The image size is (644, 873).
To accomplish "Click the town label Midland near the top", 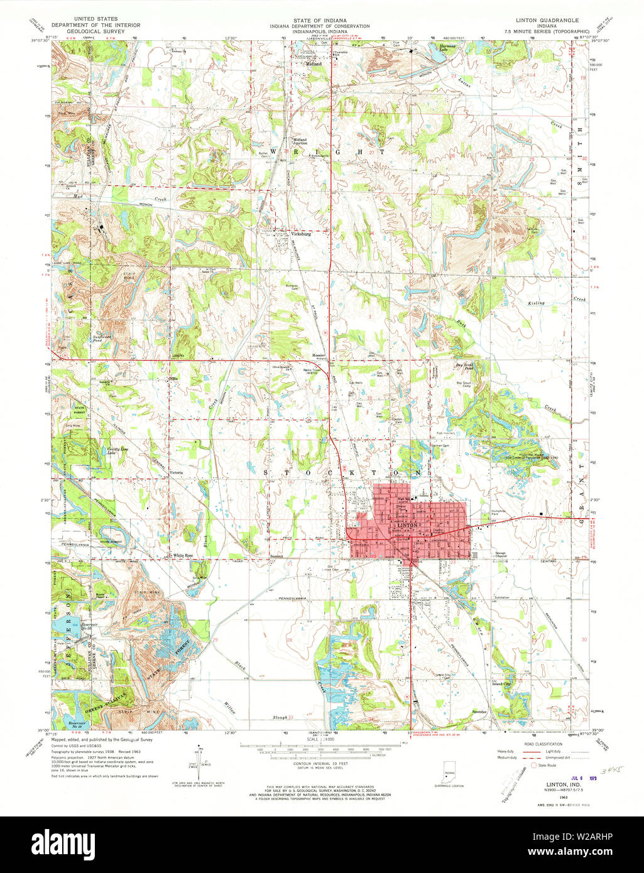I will point(314,64).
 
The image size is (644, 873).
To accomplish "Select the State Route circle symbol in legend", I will point(535,765).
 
